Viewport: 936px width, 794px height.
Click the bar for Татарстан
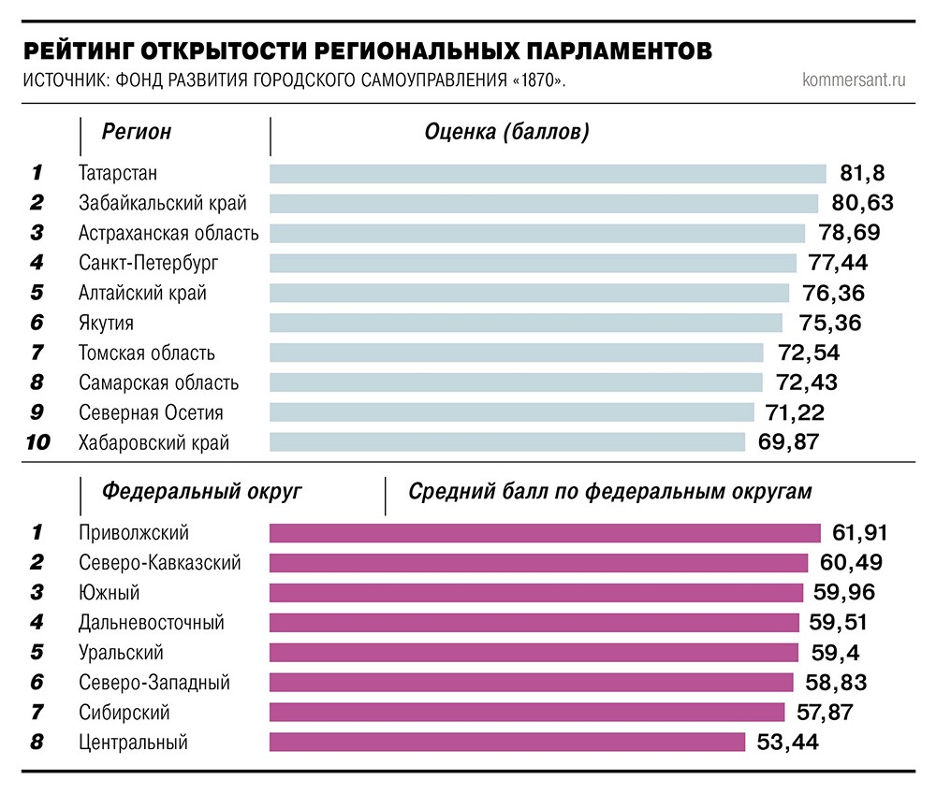pyautogui.click(x=548, y=174)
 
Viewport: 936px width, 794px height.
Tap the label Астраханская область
pyautogui.click(x=168, y=233)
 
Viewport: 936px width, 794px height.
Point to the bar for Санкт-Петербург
pyautogui.click(x=533, y=263)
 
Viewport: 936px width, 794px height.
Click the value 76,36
pyautogui.click(x=833, y=293)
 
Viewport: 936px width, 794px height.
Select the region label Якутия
pyautogui.click(x=106, y=323)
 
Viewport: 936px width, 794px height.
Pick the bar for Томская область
pyautogui.click(x=517, y=353)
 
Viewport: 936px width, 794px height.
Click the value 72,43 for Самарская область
pyautogui.click(x=807, y=383)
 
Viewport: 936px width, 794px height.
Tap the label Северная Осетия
pyautogui.click(x=151, y=412)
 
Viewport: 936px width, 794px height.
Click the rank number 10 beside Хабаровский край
pyautogui.click(x=37, y=442)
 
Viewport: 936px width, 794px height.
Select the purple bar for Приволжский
pyautogui.click(x=545, y=533)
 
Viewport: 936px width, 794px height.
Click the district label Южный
pyautogui.click(x=110, y=593)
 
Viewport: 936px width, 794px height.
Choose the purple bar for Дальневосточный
pyautogui.click(x=534, y=623)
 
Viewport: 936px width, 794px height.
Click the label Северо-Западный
pyautogui.click(x=154, y=683)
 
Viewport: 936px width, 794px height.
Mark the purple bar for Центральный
pyautogui.click(x=506, y=743)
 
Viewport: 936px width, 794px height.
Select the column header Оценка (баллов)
pyautogui.click(x=506, y=132)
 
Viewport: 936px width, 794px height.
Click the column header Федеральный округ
pyautogui.click(x=202, y=492)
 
